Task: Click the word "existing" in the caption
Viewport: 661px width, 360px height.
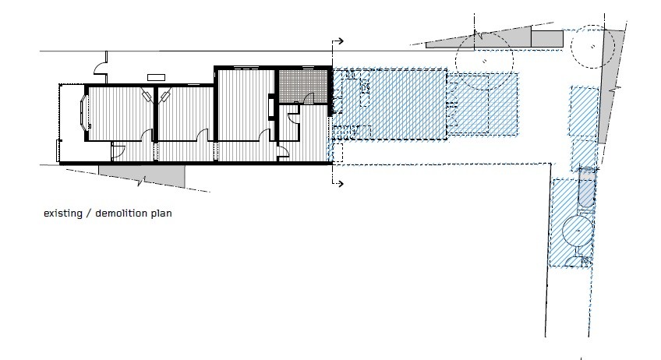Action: tap(63, 214)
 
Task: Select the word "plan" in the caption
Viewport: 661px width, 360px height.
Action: tap(161, 214)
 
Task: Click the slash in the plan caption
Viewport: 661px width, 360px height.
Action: tap(89, 214)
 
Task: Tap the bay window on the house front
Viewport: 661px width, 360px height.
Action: tap(84, 111)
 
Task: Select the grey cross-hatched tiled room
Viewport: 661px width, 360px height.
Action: tap(302, 86)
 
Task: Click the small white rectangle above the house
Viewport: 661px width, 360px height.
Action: tap(156, 77)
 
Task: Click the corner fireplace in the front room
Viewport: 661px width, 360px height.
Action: tap(147, 95)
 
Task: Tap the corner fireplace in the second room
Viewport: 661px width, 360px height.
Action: tap(164, 95)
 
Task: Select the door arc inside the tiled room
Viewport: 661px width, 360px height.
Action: tap(308, 98)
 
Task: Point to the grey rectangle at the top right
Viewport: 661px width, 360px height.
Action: tap(546, 38)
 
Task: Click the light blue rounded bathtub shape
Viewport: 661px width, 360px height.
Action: tap(586, 189)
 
